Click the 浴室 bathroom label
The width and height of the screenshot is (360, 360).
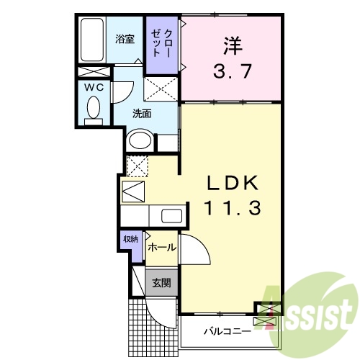(125, 39)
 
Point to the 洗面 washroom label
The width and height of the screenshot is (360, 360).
(142, 113)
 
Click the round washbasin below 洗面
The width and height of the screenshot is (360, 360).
(138, 140)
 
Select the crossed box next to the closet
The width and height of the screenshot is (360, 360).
(162, 90)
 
